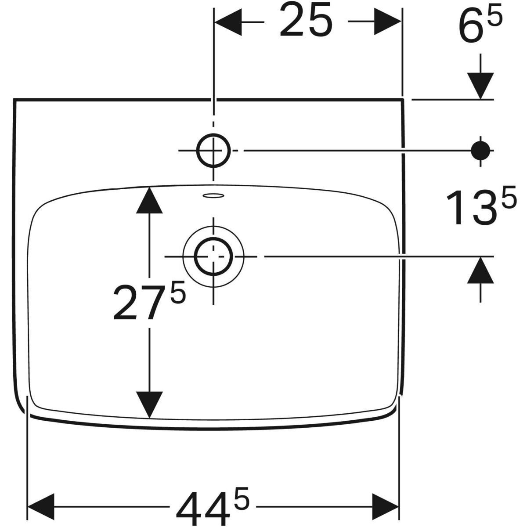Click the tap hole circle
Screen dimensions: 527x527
pos(213,151)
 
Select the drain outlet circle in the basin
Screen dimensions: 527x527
pos(213,256)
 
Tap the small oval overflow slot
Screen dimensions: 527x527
pos(213,195)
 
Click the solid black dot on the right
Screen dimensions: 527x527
pos(480,151)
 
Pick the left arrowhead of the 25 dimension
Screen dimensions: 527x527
pos(228,22)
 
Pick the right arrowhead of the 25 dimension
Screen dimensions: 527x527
pos(387,22)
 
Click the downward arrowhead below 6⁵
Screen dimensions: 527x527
pos(480,85)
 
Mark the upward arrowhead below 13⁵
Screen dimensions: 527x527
pos(480,270)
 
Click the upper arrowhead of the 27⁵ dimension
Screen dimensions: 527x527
pos(149,200)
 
